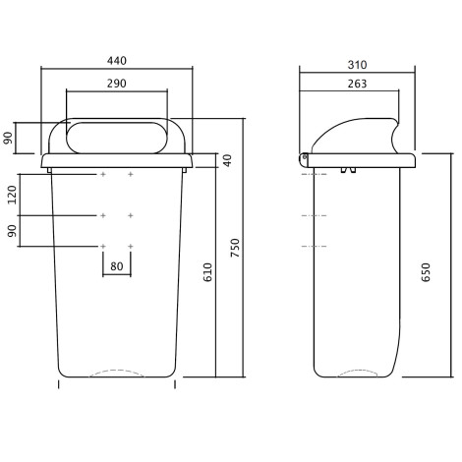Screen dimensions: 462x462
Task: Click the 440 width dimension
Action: (117, 61)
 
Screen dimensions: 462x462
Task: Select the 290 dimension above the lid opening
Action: (117, 84)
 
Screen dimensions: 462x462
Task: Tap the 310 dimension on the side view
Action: (357, 65)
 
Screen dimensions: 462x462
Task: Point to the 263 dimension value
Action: (357, 84)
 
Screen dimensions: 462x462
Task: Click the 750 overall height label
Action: (235, 248)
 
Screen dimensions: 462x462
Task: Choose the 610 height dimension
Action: (207, 272)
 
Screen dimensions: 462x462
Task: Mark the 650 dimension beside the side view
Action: (426, 272)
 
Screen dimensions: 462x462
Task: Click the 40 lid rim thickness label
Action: (227, 160)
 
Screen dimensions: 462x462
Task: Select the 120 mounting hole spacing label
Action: (12, 195)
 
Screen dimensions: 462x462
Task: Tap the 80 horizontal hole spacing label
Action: (117, 266)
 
